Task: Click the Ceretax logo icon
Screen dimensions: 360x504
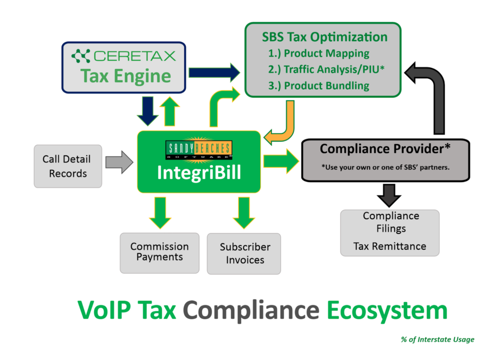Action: click(81, 56)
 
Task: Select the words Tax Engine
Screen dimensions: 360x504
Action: click(126, 76)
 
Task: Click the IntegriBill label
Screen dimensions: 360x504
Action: click(199, 173)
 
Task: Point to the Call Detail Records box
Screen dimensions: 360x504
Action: click(67, 166)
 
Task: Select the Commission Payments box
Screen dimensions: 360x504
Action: click(159, 252)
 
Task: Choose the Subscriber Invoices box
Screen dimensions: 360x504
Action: click(245, 253)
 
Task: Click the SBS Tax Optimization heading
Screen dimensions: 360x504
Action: click(324, 37)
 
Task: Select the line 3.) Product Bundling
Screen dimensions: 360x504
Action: click(319, 86)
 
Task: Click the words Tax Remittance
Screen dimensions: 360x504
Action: click(389, 246)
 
